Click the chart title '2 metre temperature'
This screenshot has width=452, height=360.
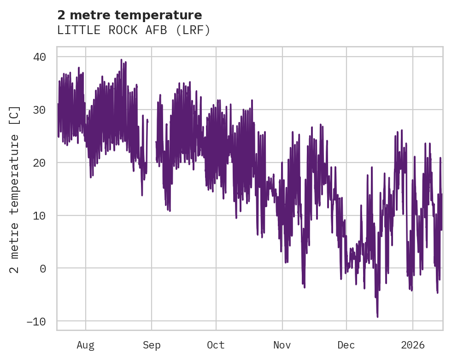coord(129,15)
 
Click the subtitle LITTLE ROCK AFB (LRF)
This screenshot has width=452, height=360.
coord(134,30)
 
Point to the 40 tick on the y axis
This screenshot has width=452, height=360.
coord(39,57)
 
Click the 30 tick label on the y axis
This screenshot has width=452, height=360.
coord(39,110)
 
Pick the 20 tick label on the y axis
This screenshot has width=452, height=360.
coord(39,163)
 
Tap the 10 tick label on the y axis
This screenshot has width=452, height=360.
coord(39,216)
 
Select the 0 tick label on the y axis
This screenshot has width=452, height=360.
coord(43,268)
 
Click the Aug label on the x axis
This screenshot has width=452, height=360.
coord(86,345)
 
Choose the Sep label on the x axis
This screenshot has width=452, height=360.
coord(152,345)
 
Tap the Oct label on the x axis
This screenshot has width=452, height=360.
coord(216,345)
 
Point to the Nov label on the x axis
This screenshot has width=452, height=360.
coord(282,345)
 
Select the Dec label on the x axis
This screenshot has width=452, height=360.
coord(346,345)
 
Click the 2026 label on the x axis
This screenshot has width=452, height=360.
coord(412,345)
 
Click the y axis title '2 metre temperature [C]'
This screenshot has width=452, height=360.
coord(15,189)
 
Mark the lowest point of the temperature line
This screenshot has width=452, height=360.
coord(377,317)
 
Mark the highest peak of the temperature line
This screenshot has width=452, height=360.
coord(121,60)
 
